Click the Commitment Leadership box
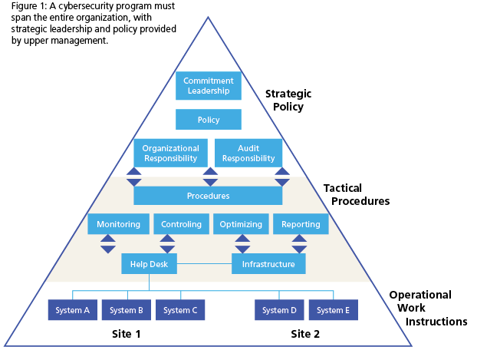209,86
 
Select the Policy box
209,120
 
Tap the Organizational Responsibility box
171,154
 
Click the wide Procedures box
209,196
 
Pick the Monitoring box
118,224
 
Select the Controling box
182,224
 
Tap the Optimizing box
241,224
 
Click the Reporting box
301,224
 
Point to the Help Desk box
149,264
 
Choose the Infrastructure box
268,264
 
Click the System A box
73,310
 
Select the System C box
181,310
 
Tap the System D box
280,310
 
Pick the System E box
334,310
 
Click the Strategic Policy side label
288,101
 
